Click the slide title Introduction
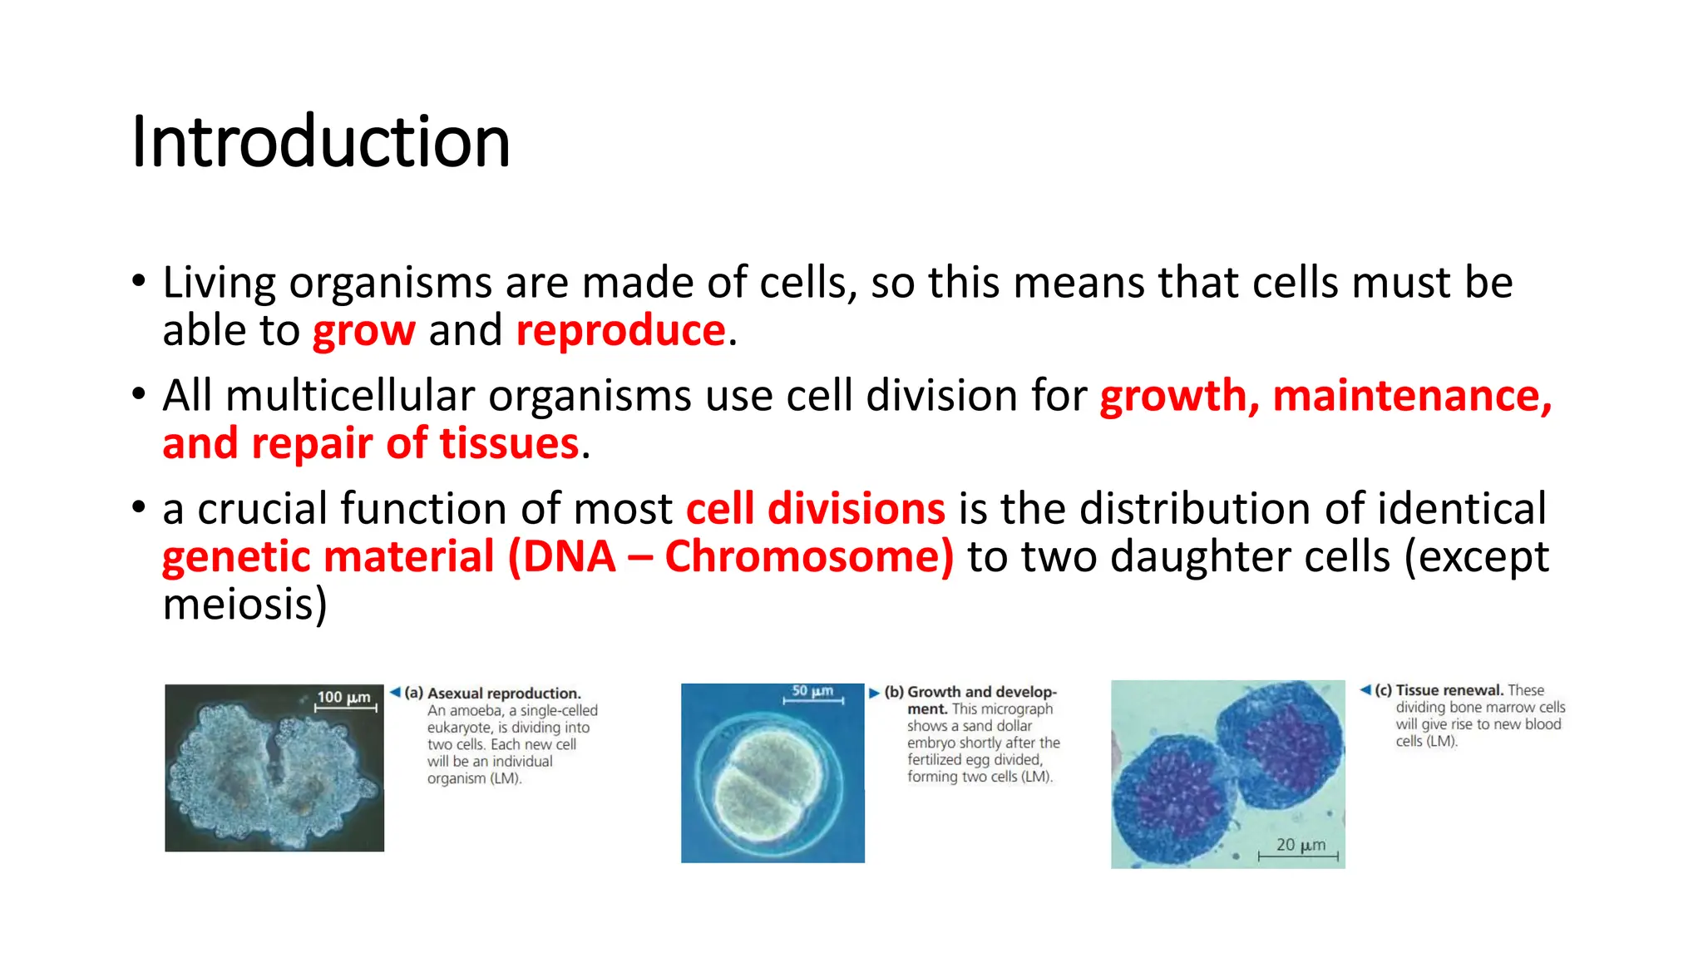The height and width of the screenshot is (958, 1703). tap(320, 141)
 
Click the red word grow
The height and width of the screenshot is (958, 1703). tap(363, 331)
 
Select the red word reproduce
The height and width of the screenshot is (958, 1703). tap(620, 331)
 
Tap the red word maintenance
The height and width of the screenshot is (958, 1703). tap(1411, 396)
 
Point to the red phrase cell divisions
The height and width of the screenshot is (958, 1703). tap(815, 509)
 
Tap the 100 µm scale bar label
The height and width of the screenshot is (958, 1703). tap(343, 697)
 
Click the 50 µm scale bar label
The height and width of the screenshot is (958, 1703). tap(812, 691)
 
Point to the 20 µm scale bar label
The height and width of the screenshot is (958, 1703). tap(1301, 845)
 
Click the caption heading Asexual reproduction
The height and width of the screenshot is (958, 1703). tap(504, 694)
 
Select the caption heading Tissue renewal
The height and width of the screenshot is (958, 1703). tap(1449, 690)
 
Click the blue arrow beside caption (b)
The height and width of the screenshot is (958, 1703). tap(874, 693)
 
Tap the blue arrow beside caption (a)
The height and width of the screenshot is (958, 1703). tap(395, 692)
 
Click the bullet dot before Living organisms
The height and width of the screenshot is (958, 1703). tap(139, 280)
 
